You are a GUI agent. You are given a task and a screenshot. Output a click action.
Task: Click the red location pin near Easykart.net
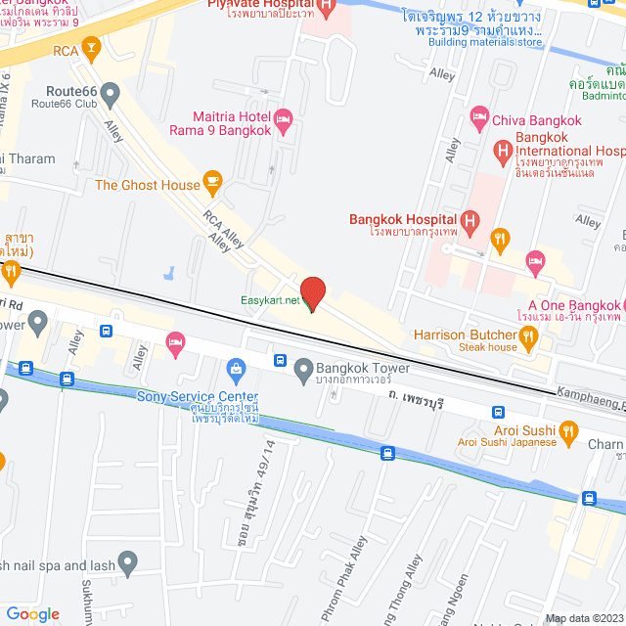(x=312, y=292)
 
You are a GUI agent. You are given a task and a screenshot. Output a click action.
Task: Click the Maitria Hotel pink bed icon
(x=284, y=120)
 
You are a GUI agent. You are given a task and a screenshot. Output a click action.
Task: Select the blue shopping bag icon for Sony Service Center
(x=236, y=368)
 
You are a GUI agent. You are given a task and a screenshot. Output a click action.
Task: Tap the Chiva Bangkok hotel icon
(x=479, y=119)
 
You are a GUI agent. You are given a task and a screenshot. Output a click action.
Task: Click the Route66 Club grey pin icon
(x=111, y=94)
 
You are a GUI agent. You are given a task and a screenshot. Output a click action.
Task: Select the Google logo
(x=32, y=614)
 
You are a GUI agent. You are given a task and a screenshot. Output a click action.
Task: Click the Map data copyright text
(x=583, y=618)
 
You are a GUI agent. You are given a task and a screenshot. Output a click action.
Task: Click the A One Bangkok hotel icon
(x=534, y=259)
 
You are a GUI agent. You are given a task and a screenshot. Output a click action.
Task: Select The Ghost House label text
(x=146, y=184)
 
